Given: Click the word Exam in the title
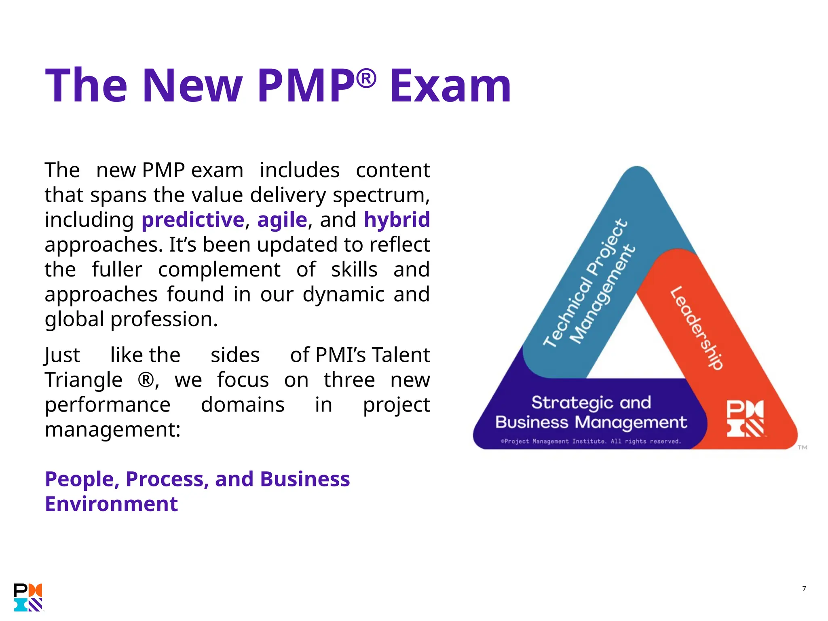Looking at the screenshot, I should point(450,86).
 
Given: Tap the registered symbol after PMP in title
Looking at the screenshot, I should point(366,78).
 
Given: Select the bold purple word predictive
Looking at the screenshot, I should point(193,220).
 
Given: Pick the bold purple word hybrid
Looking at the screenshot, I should point(397,220).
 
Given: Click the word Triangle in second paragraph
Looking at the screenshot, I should point(84,380).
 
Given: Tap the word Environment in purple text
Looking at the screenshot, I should point(111,504).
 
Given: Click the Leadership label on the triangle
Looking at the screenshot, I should point(696,327).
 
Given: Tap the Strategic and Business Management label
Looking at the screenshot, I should point(591,412).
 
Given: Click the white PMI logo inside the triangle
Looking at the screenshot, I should point(745,418).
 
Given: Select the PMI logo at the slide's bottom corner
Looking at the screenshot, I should point(28,597).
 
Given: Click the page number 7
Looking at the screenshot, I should point(804,589).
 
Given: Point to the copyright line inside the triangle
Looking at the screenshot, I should point(591,441).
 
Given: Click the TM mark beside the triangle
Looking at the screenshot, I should point(802,447).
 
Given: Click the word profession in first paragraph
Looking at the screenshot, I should point(164,319).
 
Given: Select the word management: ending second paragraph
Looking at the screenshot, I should point(112,430).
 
